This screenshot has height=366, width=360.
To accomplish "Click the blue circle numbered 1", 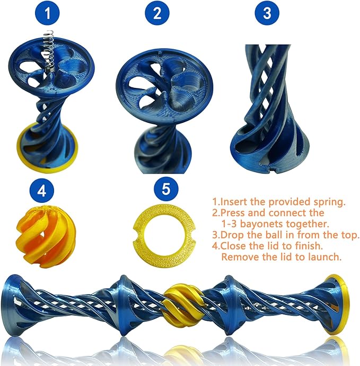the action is pyautogui.click(x=47, y=13).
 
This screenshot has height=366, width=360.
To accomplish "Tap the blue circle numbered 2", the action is pyautogui.click(x=157, y=13).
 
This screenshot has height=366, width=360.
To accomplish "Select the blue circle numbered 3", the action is pyautogui.click(x=267, y=13).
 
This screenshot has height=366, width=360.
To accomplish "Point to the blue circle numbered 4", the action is pyautogui.click(x=41, y=191).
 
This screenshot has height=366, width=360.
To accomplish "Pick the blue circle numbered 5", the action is pyautogui.click(x=166, y=189).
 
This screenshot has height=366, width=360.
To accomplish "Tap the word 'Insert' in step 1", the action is pyautogui.click(x=234, y=202).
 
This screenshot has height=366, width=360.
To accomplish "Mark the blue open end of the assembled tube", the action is pyautogui.click(x=11, y=305).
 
